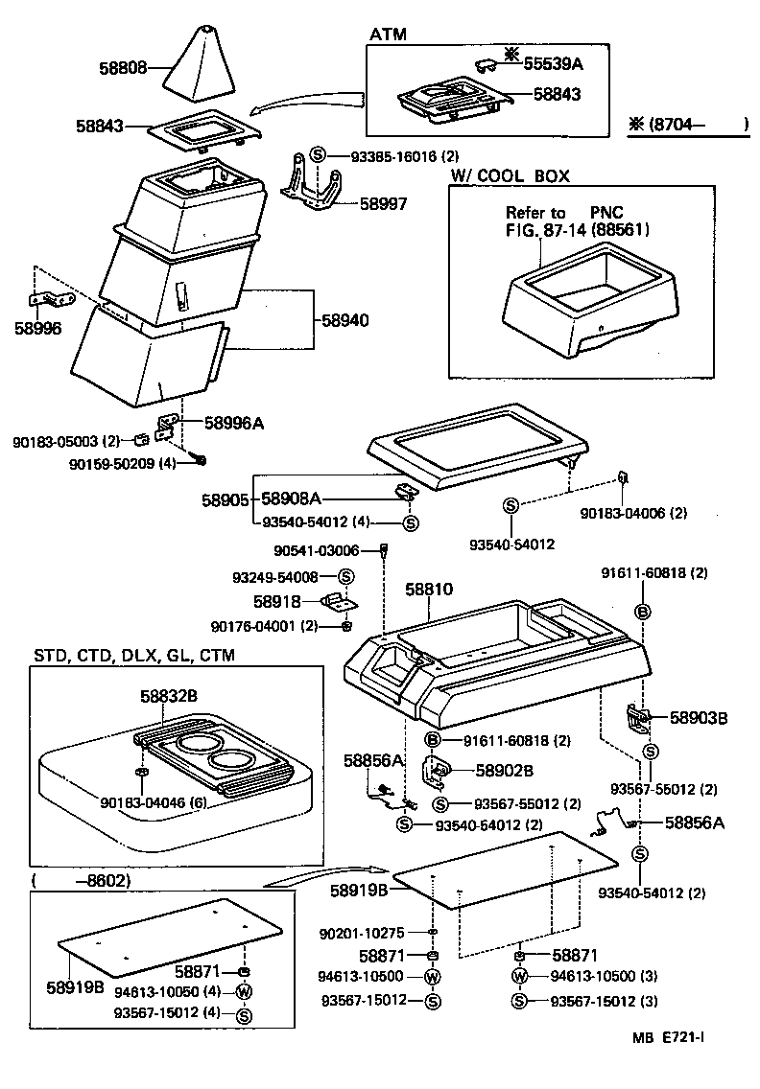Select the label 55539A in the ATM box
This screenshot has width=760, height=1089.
(x=553, y=63)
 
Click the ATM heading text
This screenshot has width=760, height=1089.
(x=388, y=35)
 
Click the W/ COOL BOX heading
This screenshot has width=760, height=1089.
(x=510, y=176)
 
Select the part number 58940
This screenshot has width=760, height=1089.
(x=341, y=319)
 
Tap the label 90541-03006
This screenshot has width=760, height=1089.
(x=316, y=550)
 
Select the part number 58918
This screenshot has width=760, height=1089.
(x=277, y=601)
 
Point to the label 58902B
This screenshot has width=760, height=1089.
(x=505, y=770)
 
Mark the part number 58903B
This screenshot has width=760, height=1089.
(x=699, y=716)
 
